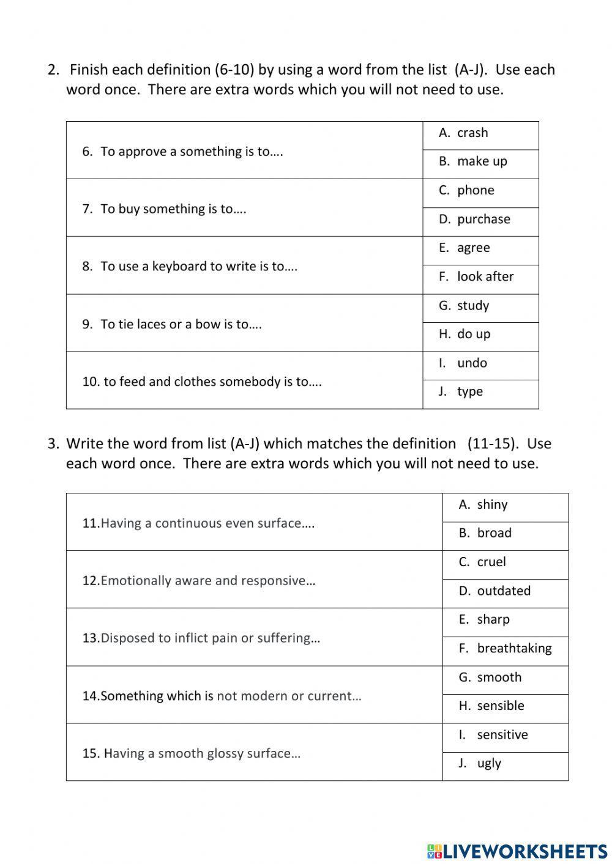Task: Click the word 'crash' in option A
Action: tap(472, 133)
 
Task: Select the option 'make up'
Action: tap(482, 162)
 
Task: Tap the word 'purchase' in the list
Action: tap(483, 220)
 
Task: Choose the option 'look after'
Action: tap(485, 277)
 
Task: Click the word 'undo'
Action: tap(472, 363)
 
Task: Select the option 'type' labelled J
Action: tap(469, 392)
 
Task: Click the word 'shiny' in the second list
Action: tap(492, 505)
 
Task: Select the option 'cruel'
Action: tap(491, 563)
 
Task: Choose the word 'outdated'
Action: tap(504, 591)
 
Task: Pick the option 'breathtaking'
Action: tap(514, 649)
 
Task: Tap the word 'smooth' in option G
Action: tap(499, 678)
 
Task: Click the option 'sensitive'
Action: tap(502, 735)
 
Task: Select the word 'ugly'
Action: tap(489, 764)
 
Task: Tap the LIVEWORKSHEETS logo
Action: tap(517, 851)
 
